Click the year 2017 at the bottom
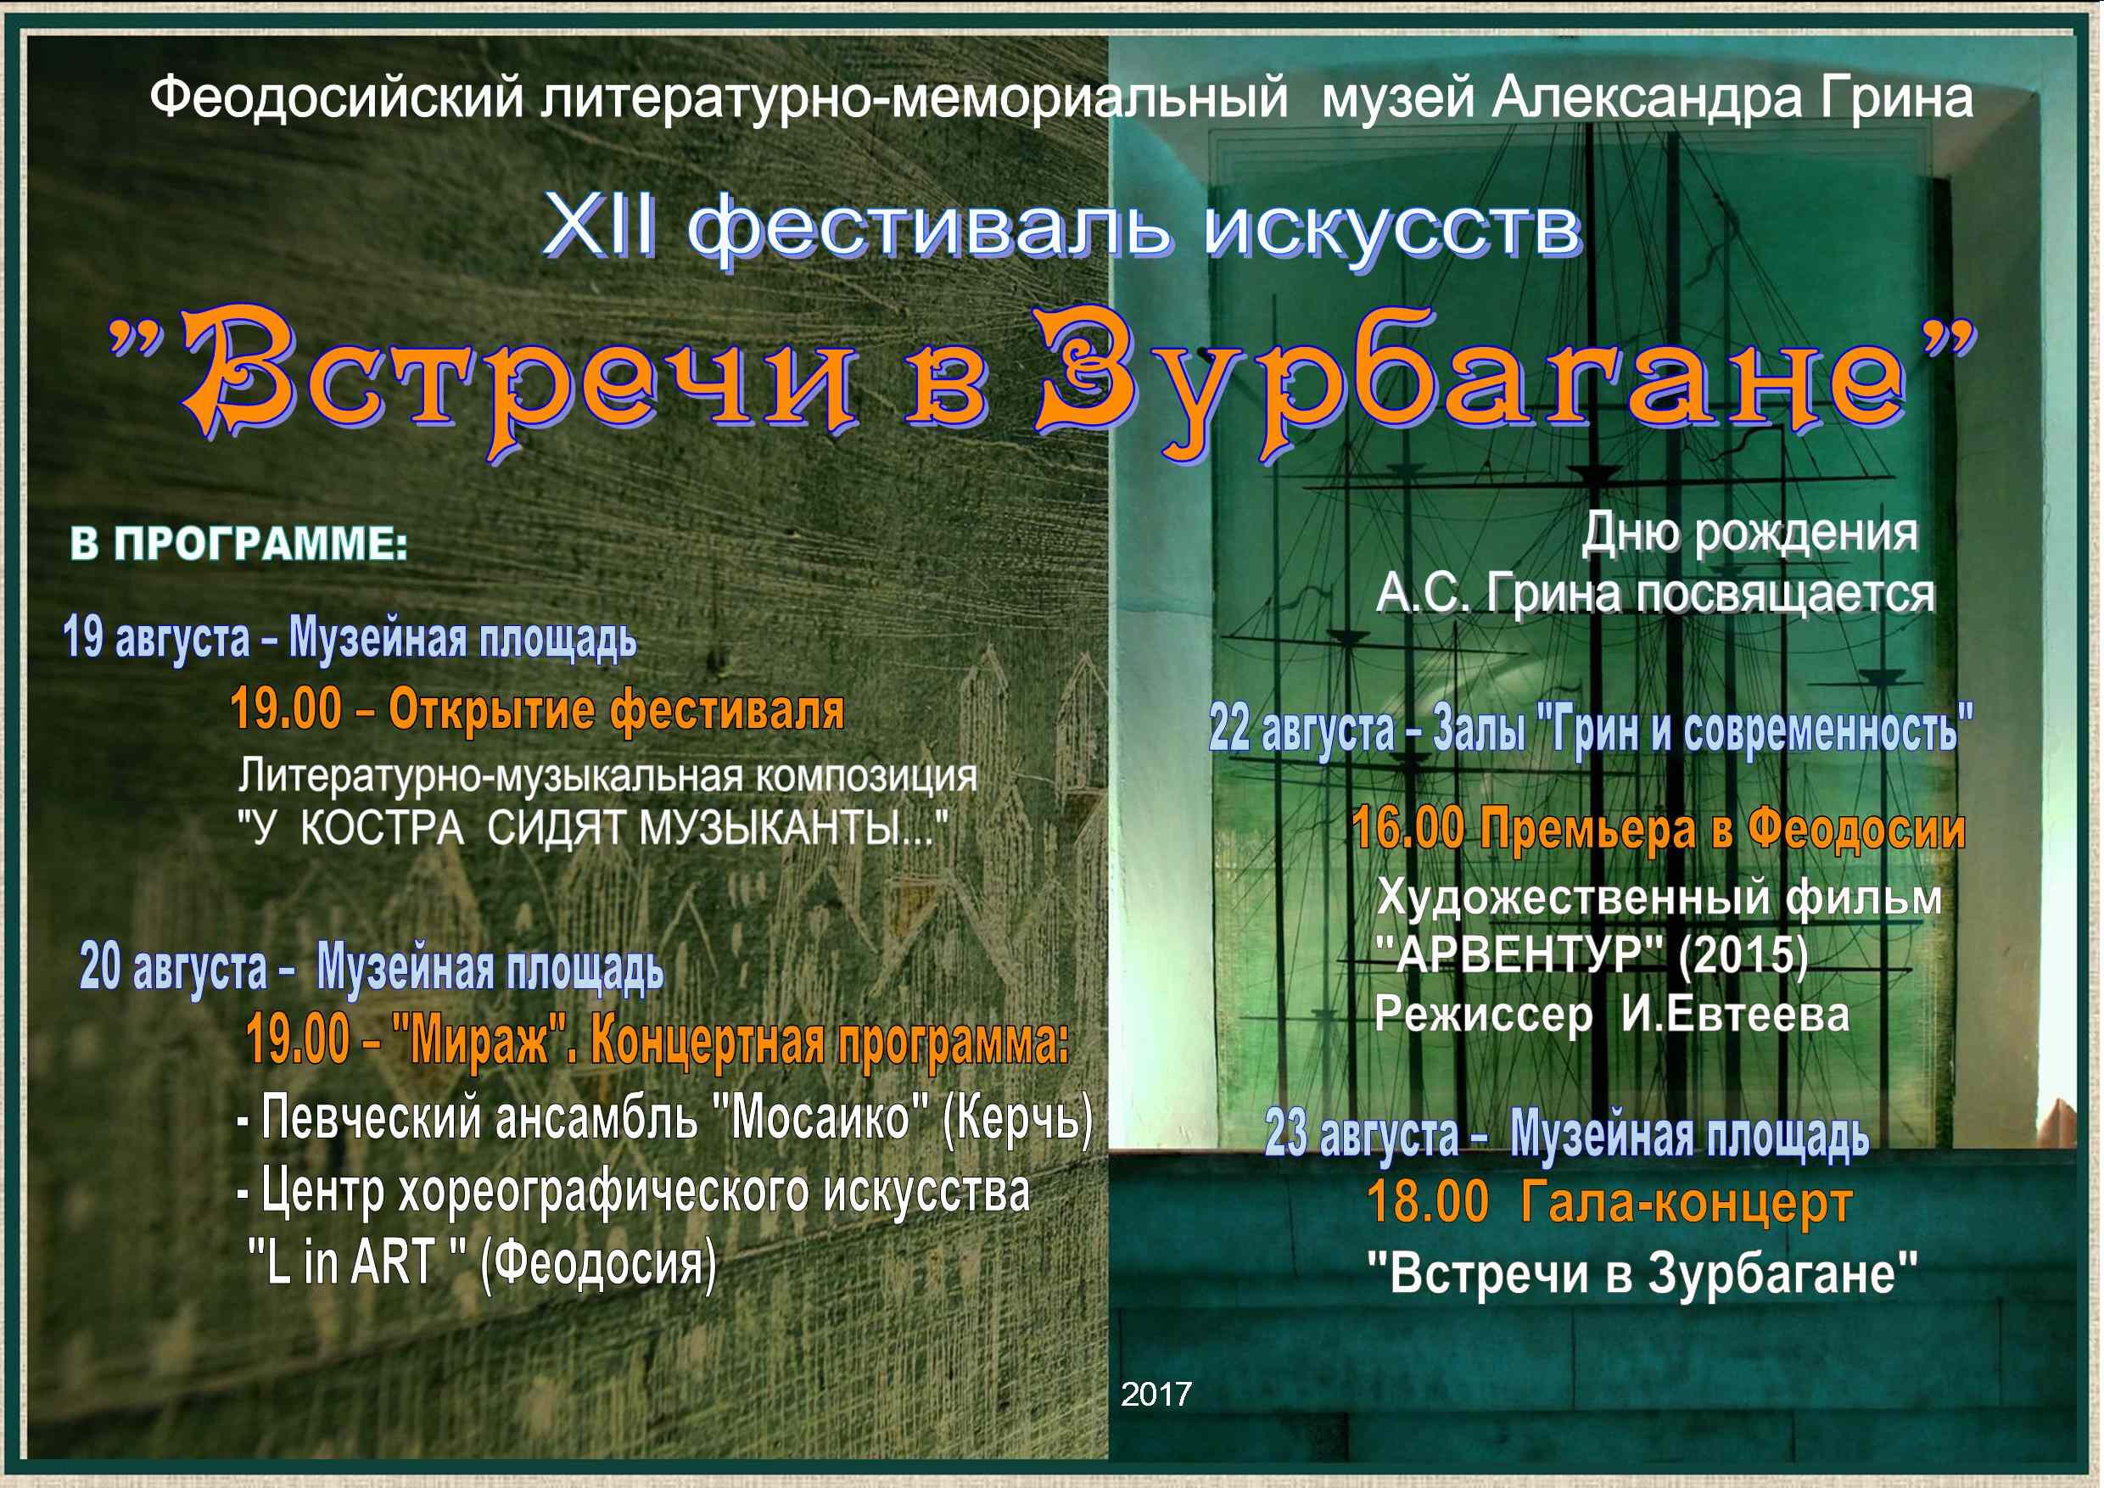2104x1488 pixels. (x=1156, y=1395)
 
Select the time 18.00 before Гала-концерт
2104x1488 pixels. (x=1429, y=1203)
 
